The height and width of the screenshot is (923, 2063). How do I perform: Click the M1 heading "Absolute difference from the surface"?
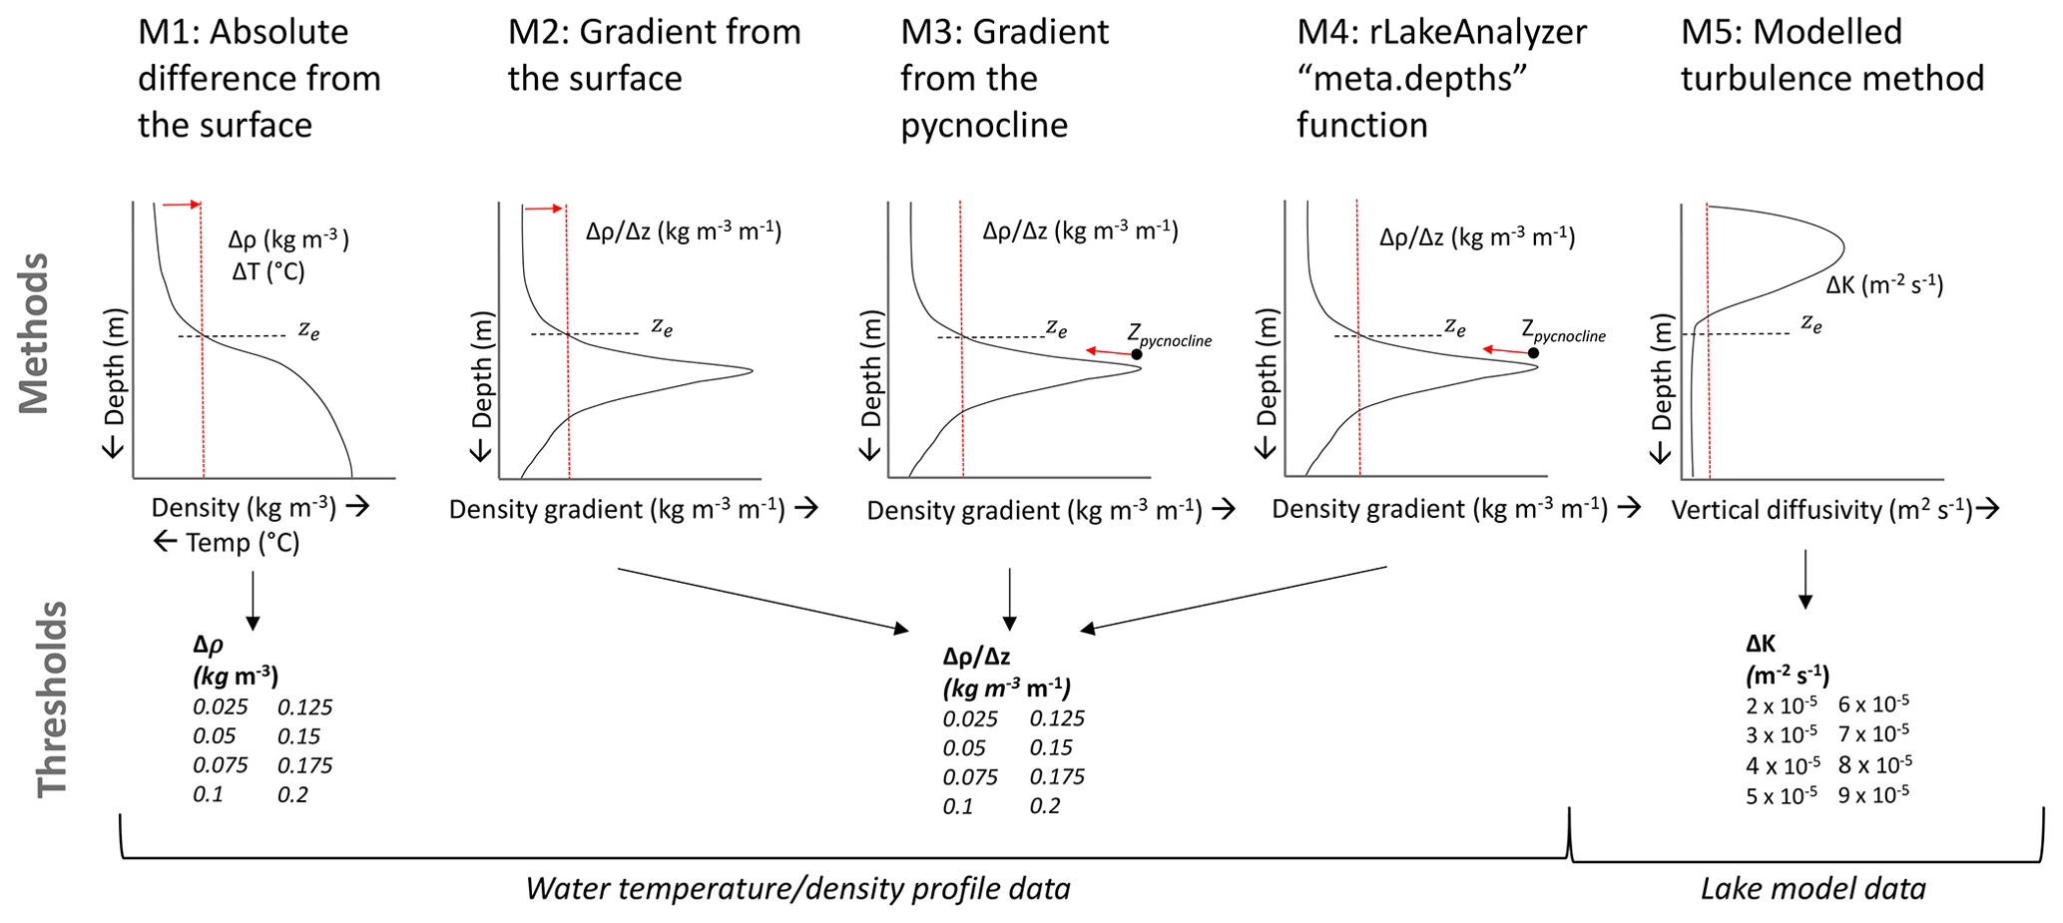tap(258, 78)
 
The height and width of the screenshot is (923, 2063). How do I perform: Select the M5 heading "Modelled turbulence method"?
tap(1831, 55)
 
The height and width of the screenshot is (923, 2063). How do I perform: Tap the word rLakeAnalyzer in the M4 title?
tap(1441, 32)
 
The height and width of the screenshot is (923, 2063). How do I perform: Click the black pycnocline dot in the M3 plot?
tap(1137, 354)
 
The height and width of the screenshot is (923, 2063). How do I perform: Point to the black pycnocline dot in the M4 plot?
tap(1533, 353)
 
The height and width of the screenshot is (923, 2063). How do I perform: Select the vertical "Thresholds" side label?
tap(52, 698)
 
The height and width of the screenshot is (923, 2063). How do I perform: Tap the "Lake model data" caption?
tap(1812, 888)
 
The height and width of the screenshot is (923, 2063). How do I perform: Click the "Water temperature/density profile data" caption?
tap(797, 888)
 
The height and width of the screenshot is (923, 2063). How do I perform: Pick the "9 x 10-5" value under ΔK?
tap(1873, 795)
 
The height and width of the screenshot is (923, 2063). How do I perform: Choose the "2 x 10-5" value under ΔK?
tap(1781, 705)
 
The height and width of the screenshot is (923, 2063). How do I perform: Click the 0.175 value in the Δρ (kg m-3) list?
tap(304, 765)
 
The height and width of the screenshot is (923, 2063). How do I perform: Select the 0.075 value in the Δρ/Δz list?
tap(970, 776)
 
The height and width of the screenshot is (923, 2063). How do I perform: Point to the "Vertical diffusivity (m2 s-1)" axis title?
tap(1821, 510)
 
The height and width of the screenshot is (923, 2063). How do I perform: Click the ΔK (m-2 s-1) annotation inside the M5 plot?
tap(1884, 285)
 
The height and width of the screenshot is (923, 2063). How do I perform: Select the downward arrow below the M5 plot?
tap(1805, 579)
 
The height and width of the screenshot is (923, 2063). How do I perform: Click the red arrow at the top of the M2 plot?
tap(544, 209)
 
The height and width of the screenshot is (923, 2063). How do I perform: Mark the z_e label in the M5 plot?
tap(1811, 323)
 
